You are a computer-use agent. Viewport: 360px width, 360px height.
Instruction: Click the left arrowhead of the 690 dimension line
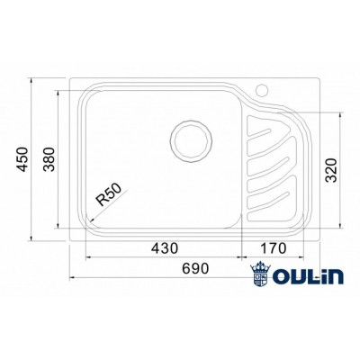70,275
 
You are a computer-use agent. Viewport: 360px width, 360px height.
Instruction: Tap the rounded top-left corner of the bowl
87,96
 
